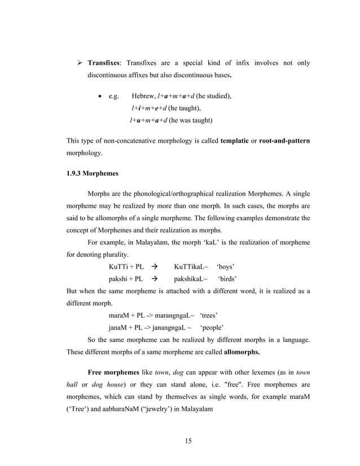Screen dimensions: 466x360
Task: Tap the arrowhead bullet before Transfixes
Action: (x=80, y=63)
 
